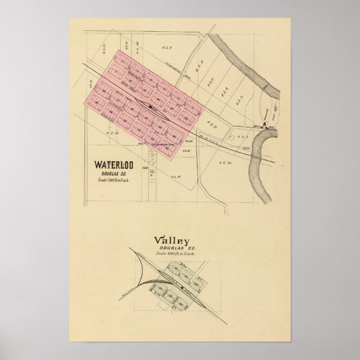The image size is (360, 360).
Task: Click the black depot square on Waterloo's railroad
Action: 151,105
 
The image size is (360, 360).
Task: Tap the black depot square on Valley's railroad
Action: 182,288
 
